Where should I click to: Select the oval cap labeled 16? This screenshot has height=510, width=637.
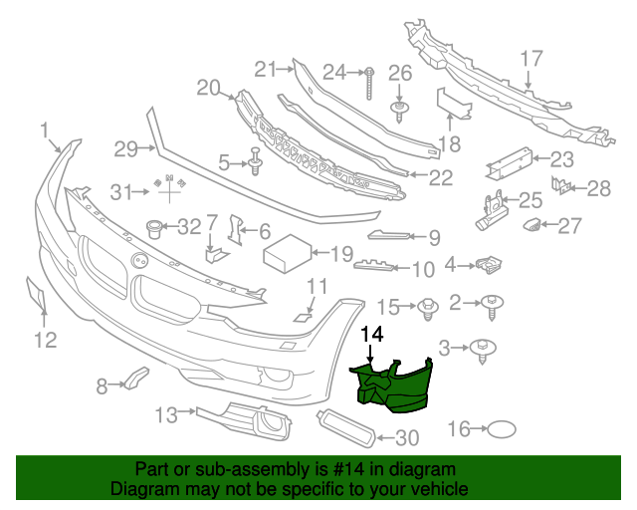(x=502, y=429)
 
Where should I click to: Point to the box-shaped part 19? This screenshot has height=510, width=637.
(x=289, y=255)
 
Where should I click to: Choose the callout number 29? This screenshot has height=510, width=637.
(x=123, y=149)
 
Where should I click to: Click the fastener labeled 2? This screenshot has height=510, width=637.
(x=495, y=301)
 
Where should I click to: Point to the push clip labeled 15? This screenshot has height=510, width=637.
(x=429, y=306)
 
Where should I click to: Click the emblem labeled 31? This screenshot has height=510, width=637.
(x=168, y=183)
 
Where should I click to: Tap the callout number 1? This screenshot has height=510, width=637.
(x=44, y=130)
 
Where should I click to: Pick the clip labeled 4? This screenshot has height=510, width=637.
(x=489, y=264)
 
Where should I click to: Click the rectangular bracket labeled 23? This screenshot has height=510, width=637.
(x=508, y=158)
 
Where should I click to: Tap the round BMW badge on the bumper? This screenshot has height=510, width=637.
(x=138, y=261)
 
